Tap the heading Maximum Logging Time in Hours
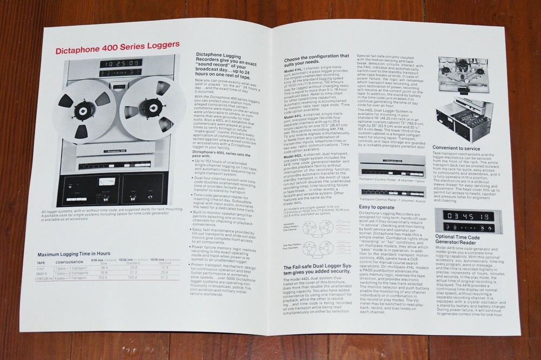click(74, 253)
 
